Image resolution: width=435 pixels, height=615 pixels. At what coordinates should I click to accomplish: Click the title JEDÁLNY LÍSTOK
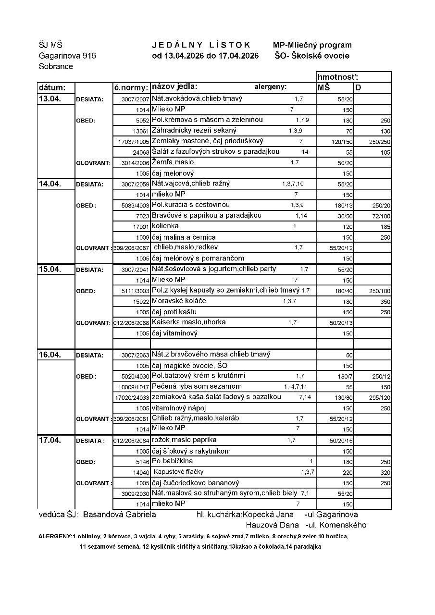point(201,45)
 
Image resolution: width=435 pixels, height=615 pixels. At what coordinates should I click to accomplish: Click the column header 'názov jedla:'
point(174,87)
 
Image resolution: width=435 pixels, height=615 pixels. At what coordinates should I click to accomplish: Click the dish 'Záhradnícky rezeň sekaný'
point(194,130)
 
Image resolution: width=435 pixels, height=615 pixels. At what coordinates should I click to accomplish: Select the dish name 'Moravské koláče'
point(179,301)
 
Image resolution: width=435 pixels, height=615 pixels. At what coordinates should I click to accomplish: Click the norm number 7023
point(143,216)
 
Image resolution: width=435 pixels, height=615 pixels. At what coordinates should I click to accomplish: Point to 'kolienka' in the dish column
point(165,226)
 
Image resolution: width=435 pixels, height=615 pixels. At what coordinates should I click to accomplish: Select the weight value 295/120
point(379,398)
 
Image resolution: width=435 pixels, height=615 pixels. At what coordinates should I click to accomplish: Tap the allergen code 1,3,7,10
point(293,184)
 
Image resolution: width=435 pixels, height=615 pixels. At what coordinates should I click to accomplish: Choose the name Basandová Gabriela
point(119,514)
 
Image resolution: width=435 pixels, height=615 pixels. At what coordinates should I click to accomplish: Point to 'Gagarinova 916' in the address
point(67,56)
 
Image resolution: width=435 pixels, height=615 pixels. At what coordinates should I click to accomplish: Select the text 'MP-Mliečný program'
point(312,45)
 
